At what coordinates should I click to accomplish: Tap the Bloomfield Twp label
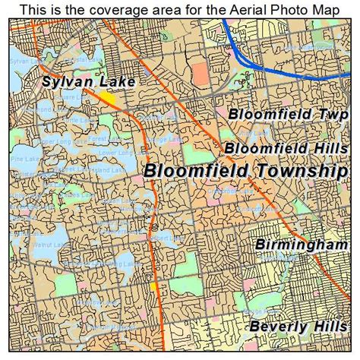click(288, 114)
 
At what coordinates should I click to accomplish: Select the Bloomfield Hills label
click(286, 147)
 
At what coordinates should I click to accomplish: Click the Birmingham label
click(301, 245)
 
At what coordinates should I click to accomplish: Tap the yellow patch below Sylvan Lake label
click(107, 98)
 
